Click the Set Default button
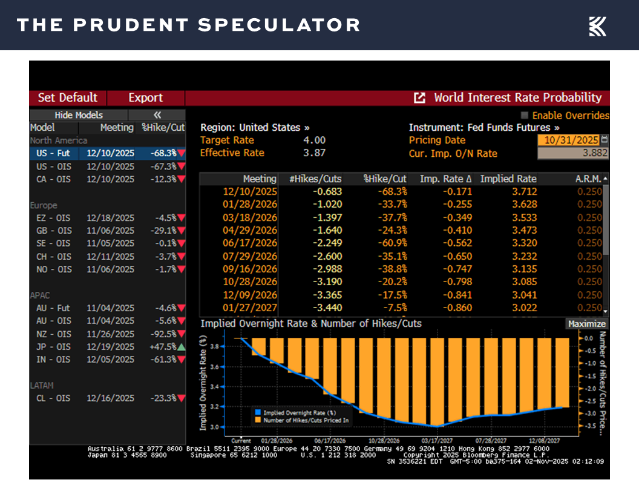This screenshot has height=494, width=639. (x=67, y=98)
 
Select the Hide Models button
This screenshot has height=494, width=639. (x=79, y=115)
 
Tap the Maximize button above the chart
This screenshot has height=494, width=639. (x=586, y=324)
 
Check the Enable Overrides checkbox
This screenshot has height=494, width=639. (x=525, y=115)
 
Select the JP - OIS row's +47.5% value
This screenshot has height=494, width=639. (x=163, y=347)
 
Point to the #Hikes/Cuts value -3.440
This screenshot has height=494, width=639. (x=326, y=308)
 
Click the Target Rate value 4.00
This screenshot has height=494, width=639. (x=315, y=140)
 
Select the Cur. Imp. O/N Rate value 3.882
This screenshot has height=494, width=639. (x=572, y=154)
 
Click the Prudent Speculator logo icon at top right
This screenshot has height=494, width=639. (x=597, y=25)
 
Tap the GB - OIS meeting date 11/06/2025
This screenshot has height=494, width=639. (x=110, y=231)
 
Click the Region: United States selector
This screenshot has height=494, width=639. (x=255, y=128)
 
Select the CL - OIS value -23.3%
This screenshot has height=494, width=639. (x=163, y=398)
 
